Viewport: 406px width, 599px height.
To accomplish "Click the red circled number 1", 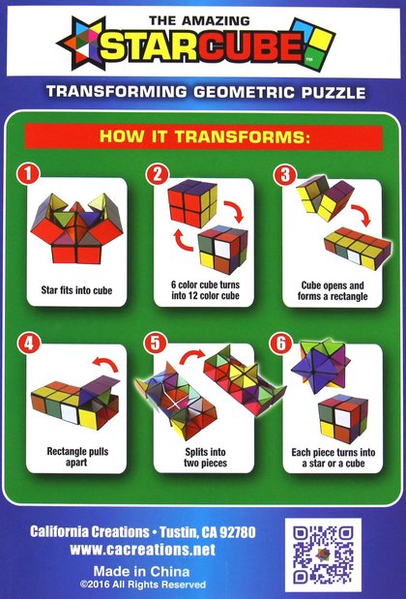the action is (x=28, y=174).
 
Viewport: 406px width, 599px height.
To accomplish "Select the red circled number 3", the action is (x=285, y=175).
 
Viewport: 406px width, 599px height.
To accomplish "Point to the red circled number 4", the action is (x=29, y=344).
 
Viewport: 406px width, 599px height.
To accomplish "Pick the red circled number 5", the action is (x=156, y=343).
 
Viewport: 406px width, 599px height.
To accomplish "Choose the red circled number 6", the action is (x=281, y=344).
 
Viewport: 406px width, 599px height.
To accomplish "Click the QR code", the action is (x=323, y=554).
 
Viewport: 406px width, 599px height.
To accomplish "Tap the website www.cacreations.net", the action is (x=143, y=550).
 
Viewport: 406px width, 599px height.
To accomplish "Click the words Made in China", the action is (x=141, y=571).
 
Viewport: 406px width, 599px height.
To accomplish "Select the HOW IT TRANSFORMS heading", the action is (x=204, y=136).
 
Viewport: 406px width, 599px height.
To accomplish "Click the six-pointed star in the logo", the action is (x=81, y=44).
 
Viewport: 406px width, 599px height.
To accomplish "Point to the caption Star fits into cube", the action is (x=76, y=290).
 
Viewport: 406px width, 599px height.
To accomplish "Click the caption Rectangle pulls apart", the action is (x=77, y=457).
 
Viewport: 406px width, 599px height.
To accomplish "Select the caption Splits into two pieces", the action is (x=205, y=458).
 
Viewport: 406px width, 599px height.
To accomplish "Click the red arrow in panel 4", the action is (x=106, y=363).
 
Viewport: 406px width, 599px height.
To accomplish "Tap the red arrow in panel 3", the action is (x=362, y=214).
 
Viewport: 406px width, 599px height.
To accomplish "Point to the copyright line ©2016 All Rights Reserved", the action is (x=143, y=584).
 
